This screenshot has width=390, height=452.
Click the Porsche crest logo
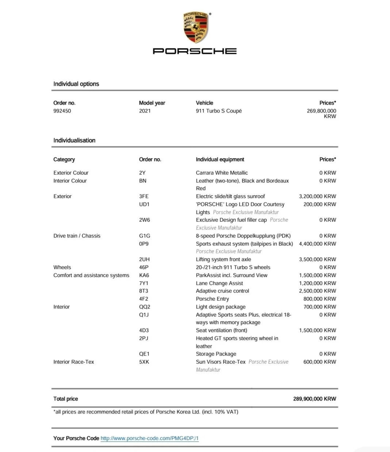(x=196, y=27)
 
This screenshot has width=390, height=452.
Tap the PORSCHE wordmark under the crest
(x=195, y=51)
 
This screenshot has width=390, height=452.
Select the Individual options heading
(x=76, y=84)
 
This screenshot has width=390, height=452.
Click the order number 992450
(x=62, y=111)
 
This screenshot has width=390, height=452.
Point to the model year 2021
(x=145, y=111)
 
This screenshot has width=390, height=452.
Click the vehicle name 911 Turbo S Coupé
(x=219, y=111)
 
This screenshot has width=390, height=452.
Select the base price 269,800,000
(x=321, y=111)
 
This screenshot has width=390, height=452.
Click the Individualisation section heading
(x=74, y=140)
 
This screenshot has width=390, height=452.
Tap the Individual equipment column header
(x=220, y=159)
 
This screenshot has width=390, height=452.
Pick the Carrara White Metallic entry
(x=222, y=173)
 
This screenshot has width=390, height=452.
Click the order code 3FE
(x=144, y=196)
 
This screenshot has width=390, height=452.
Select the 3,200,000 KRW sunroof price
(x=317, y=196)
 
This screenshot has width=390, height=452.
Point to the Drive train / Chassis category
(x=77, y=236)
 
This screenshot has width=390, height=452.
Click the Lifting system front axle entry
(x=223, y=259)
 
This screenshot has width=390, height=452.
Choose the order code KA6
(x=144, y=275)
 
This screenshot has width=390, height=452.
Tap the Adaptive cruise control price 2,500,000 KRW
(x=317, y=291)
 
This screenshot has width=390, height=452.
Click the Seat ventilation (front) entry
(x=221, y=330)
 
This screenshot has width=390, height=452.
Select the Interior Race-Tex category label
(x=73, y=362)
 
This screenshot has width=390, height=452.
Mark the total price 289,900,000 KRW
(x=314, y=399)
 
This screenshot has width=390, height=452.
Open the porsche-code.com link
(x=149, y=438)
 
